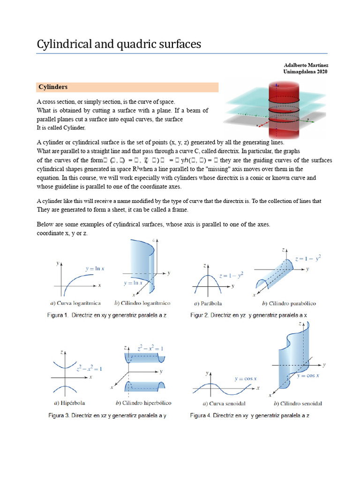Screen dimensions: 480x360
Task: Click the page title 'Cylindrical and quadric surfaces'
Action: (x=119, y=44)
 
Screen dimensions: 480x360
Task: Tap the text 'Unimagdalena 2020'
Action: (x=305, y=72)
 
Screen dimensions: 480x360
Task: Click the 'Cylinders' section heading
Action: (x=53, y=87)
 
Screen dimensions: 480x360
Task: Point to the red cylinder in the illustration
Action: (x=279, y=108)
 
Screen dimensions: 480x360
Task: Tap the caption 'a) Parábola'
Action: (x=210, y=303)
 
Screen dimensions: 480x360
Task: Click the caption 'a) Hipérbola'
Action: (x=69, y=403)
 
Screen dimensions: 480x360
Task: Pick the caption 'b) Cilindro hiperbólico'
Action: (x=143, y=403)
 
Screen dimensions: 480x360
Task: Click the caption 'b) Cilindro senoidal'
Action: (x=297, y=404)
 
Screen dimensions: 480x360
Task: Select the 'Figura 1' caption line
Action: (x=107, y=315)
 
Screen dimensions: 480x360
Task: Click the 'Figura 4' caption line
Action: (x=249, y=415)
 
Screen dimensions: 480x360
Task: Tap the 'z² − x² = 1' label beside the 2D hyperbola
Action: (x=89, y=368)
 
